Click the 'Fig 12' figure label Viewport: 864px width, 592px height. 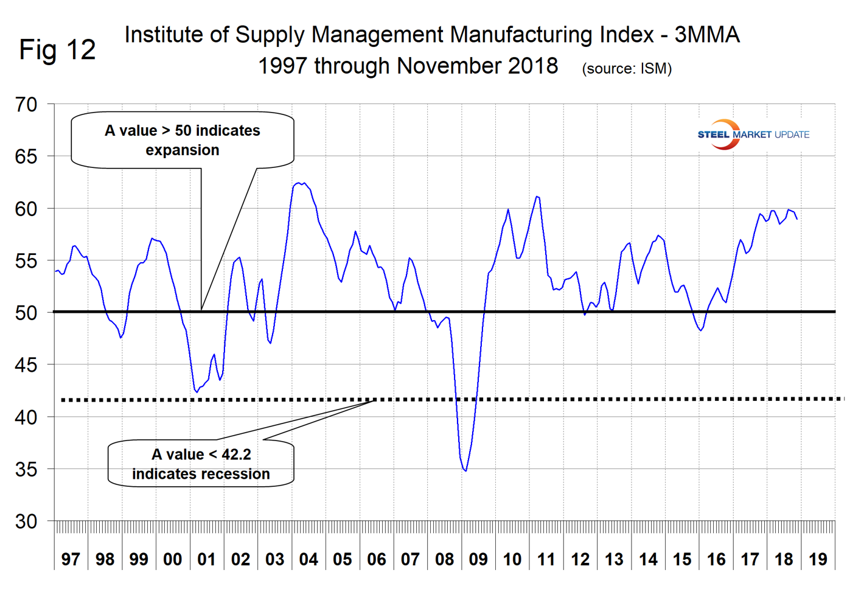57,50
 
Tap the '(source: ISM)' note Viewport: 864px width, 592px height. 627,69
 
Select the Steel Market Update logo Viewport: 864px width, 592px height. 753,134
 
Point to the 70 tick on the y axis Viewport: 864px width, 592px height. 26,105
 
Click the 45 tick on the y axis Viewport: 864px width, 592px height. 26,365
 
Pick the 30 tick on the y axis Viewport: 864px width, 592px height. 26,521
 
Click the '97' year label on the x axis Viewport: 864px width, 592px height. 71,559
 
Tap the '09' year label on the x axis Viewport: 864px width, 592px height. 478,559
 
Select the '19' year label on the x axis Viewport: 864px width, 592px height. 818,559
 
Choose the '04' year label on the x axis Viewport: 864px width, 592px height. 308,559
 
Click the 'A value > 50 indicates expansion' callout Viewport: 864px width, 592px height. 183,140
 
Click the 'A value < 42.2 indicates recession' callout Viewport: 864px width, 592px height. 201,464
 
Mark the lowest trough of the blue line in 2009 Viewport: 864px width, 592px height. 465,470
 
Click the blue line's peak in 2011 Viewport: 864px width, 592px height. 536,197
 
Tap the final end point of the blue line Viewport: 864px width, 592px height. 797,219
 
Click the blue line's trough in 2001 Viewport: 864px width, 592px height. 197,392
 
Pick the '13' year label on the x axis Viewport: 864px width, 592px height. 614,559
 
